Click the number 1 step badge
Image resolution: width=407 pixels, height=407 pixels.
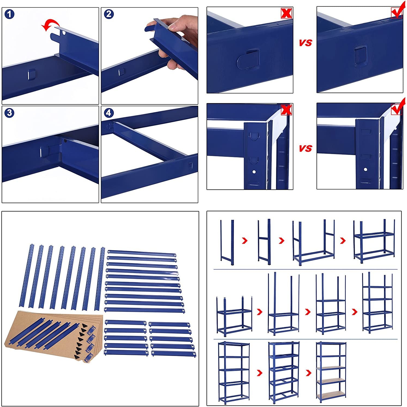coord(9,14)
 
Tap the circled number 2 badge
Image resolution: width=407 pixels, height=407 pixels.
coord(109,14)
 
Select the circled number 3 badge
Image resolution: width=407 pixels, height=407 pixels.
coord(9,113)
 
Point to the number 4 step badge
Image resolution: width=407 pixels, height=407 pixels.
coord(109,113)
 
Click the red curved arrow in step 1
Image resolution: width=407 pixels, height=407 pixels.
coord(49,25)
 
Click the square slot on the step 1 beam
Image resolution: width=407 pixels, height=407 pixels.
coord(32,74)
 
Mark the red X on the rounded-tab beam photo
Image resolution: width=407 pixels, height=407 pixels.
coord(287,13)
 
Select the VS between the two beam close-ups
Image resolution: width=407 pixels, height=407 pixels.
coord(306,43)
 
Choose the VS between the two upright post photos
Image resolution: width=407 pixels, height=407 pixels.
coord(306,148)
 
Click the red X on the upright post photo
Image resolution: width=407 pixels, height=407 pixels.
coord(287,110)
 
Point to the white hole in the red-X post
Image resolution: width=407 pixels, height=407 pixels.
coord(254,172)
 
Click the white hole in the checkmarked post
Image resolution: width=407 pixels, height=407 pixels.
coord(365,169)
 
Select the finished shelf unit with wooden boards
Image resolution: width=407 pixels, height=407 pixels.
coord(331,372)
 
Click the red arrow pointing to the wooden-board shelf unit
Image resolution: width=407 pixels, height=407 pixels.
coord(309,373)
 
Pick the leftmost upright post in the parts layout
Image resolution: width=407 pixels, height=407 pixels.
coord(27,275)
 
